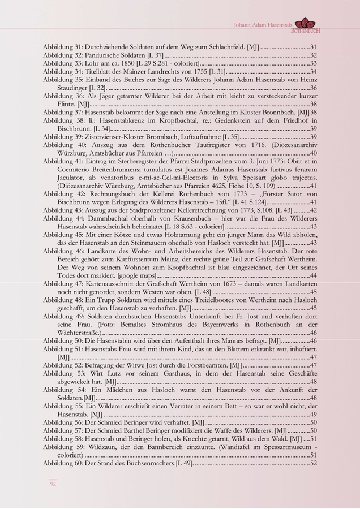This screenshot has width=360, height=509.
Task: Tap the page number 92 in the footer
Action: pyautogui.click(x=53, y=484)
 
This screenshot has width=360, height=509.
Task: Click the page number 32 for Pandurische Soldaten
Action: pyautogui.click(x=313, y=55)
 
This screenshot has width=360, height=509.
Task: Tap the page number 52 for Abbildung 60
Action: pyautogui.click(x=313, y=463)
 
